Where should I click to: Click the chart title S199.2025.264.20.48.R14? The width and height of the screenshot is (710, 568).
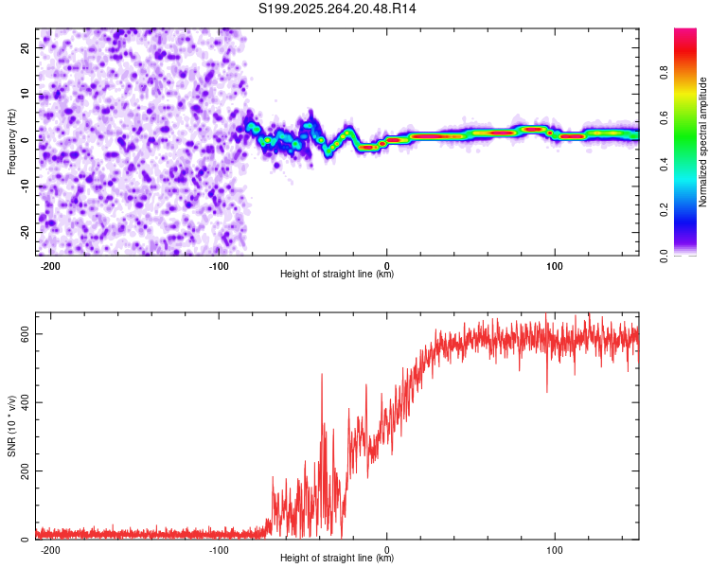[x=337, y=9]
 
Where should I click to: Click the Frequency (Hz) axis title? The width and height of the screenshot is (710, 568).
[x=11, y=141]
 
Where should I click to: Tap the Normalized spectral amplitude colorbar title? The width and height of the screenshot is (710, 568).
[x=703, y=142]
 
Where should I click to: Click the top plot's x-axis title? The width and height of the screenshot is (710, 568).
[x=337, y=274]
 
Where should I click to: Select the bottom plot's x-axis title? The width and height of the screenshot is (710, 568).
[x=337, y=558]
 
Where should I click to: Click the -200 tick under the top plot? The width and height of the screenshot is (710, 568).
[x=51, y=267]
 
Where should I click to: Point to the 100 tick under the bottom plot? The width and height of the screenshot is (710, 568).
[x=556, y=549]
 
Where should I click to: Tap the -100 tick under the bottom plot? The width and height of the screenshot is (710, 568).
[x=220, y=549]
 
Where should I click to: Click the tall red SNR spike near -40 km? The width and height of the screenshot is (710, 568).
[x=322, y=376]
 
